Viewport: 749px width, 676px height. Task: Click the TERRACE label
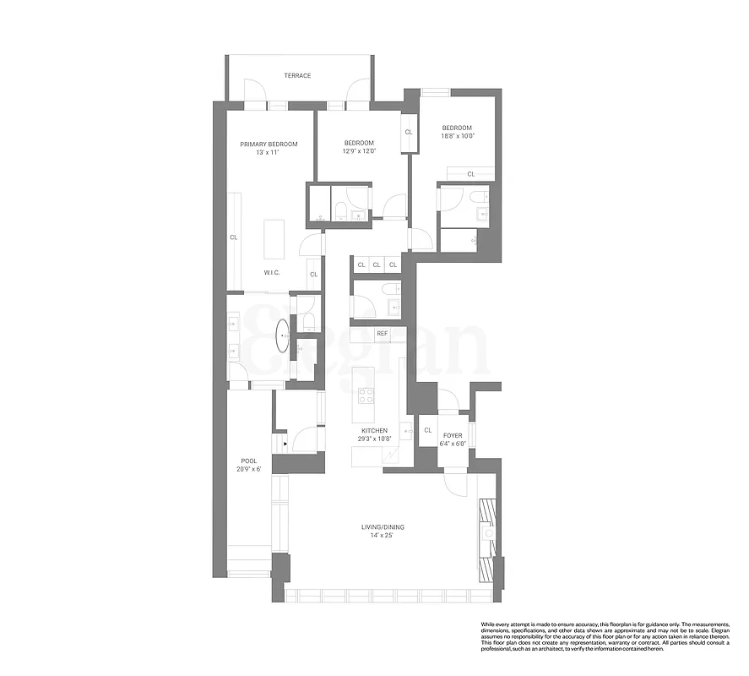point(297,76)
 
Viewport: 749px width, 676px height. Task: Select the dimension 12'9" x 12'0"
point(359,152)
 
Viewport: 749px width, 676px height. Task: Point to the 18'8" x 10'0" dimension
point(458,136)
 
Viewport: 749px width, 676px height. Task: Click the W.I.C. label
point(272,272)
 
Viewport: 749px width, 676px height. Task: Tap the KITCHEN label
point(374,430)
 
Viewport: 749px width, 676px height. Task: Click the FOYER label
point(453,435)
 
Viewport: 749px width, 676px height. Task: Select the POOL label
point(248,461)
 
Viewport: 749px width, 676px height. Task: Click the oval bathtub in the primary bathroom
point(282,335)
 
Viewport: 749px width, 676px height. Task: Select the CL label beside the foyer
point(428,430)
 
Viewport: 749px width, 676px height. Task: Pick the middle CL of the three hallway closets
point(377,264)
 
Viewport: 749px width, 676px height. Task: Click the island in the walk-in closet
point(274,239)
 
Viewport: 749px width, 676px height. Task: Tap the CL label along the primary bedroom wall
point(234,237)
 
